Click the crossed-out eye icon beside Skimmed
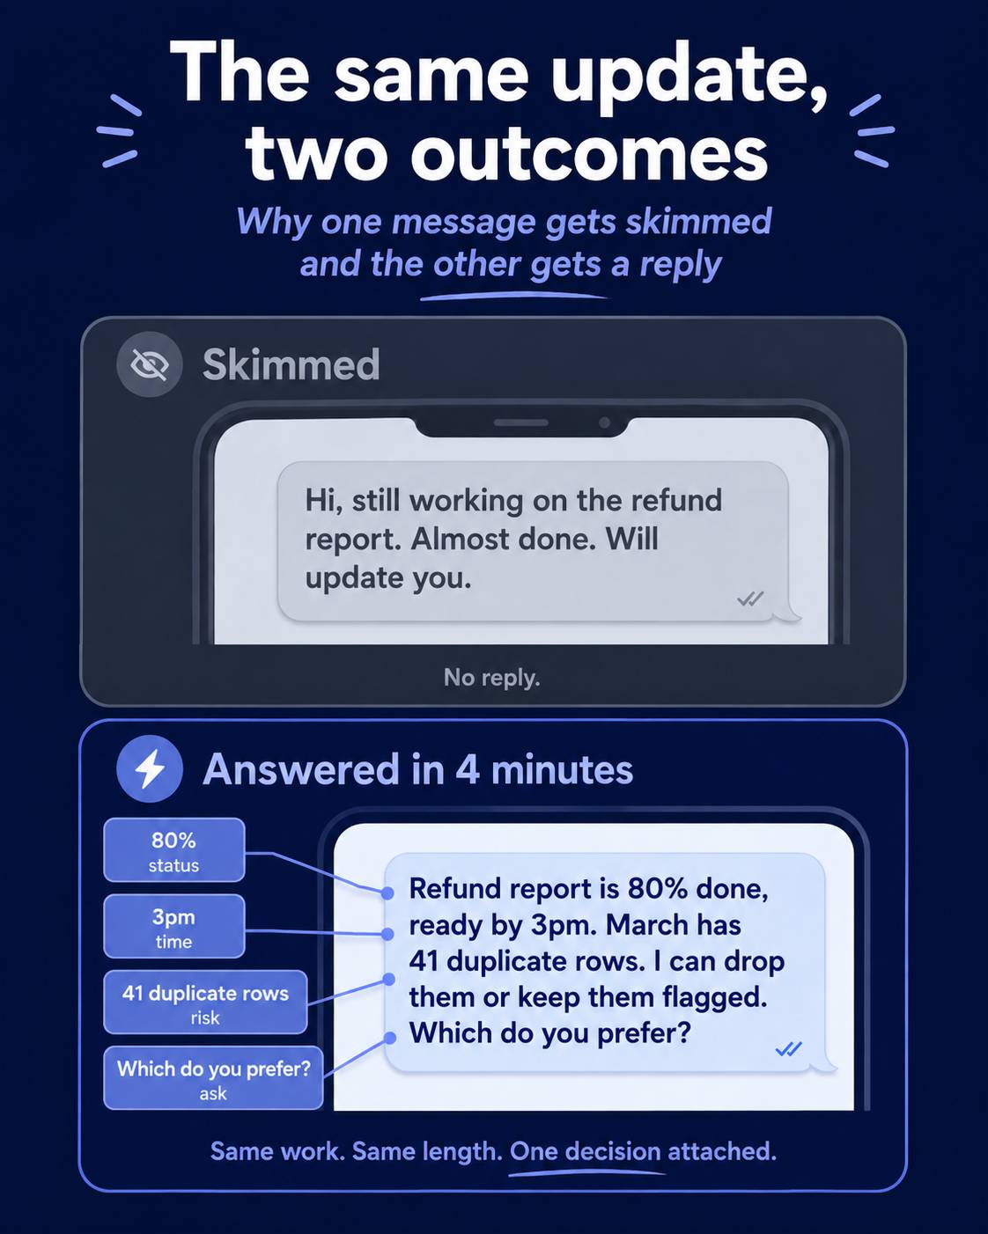150,364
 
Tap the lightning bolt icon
150,769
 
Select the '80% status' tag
173,850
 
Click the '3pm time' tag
173,926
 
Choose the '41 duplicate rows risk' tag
205,1003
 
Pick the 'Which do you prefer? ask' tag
213,1078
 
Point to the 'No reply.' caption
491,678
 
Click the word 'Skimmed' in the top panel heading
291,364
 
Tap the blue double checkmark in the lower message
788,1049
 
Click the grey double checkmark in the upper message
750,599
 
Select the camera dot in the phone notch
604,422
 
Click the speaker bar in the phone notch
521,422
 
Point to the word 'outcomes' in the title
589,154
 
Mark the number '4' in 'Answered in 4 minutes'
468,769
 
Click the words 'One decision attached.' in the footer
643,1150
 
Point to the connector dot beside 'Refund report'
387,892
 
